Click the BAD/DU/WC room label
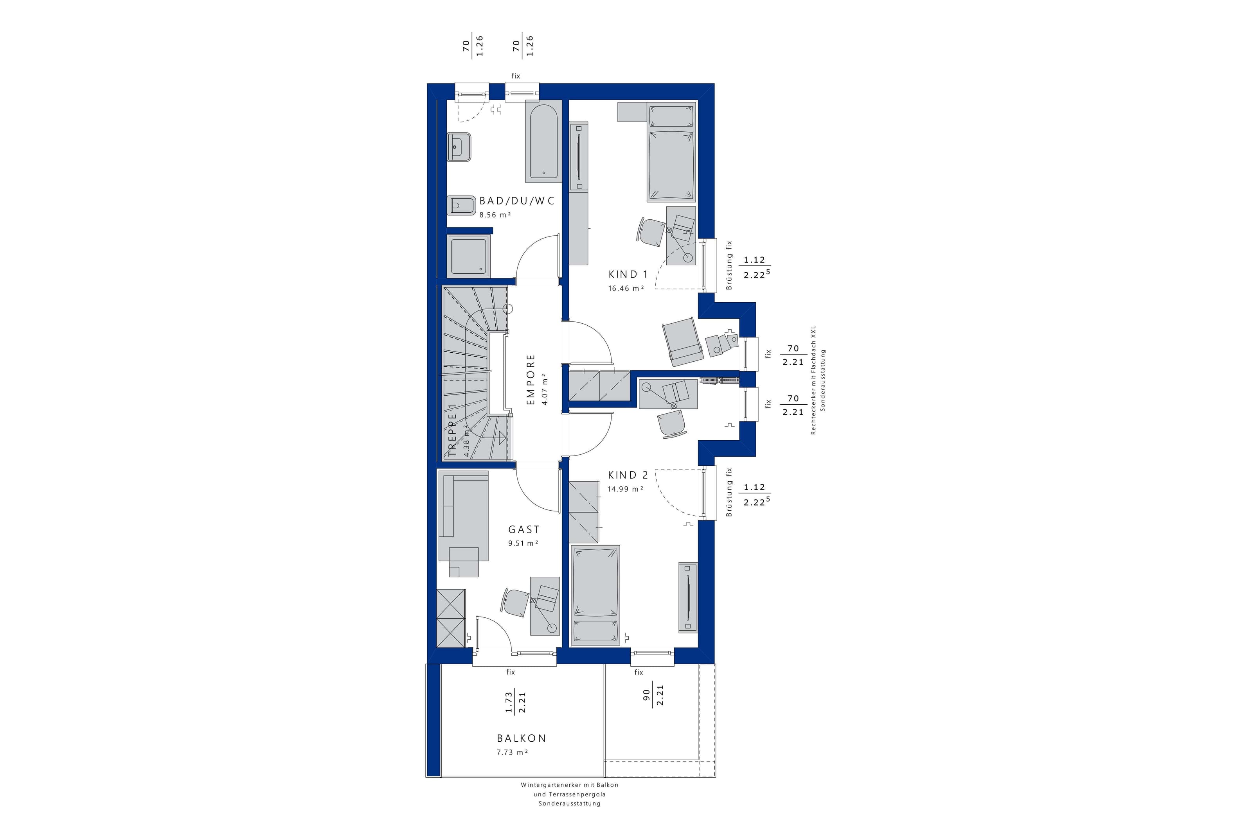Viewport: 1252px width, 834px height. pyautogui.click(x=517, y=201)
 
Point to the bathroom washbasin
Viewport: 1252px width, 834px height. pyautogui.click(x=459, y=146)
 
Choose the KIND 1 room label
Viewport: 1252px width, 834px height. pyautogui.click(x=628, y=274)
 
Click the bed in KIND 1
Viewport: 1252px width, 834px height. pyautogui.click(x=671, y=152)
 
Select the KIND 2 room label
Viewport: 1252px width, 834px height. pyautogui.click(x=628, y=475)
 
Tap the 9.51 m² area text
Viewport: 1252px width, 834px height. pyautogui.click(x=523, y=543)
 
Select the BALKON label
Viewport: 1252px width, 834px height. pyautogui.click(x=522, y=738)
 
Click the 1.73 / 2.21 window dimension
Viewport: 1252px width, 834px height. pyautogui.click(x=515, y=702)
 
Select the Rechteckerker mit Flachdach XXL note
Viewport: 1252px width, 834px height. pyautogui.click(x=813, y=380)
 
